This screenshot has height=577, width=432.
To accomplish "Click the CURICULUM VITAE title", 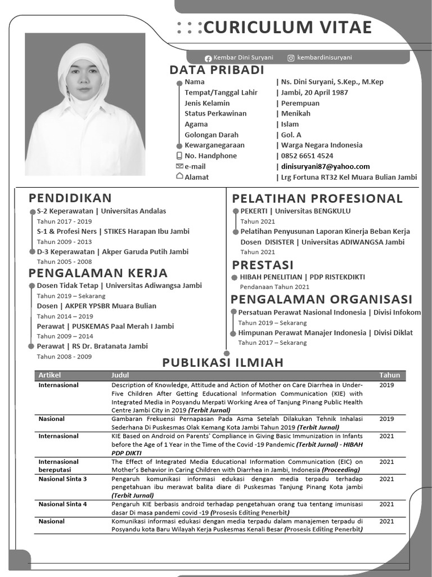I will click(x=288, y=27).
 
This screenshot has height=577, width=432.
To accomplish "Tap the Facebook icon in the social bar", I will click(x=208, y=58).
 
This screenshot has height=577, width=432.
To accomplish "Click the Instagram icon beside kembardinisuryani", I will click(x=291, y=58).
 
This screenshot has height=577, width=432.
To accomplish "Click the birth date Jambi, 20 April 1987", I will click(x=314, y=92).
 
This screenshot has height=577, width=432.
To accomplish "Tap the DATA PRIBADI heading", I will click(x=217, y=70).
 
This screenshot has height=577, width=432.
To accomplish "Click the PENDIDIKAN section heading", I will click(x=70, y=198).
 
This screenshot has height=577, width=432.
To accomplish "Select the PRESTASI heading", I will click(x=263, y=265).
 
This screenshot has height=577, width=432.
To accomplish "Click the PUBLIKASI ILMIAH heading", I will click(x=223, y=362).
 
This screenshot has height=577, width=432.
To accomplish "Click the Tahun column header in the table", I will click(x=389, y=375).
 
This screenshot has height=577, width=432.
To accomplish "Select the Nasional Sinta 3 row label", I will click(x=62, y=479).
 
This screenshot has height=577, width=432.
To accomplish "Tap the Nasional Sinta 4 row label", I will click(x=62, y=504).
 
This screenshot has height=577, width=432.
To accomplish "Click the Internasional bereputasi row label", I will click(x=58, y=465).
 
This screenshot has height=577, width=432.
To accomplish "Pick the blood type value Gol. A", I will click(x=291, y=135).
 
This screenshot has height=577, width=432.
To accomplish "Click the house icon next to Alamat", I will click(x=179, y=176).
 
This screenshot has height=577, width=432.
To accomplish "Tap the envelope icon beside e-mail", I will click(x=179, y=166).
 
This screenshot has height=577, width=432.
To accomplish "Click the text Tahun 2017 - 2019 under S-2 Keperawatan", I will click(x=64, y=221).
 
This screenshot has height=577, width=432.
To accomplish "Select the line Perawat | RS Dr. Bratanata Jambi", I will click(x=92, y=346).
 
